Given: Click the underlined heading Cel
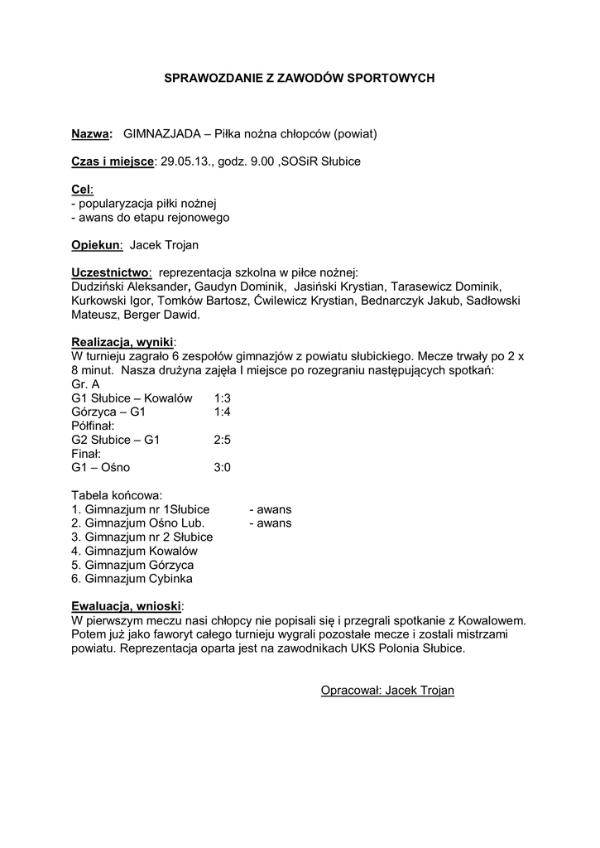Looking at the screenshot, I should pos(81,190).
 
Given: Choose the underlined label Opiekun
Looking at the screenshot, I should pos(96,245).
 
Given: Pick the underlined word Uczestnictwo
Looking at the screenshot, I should pos(111,273).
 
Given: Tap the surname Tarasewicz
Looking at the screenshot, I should pos(425,287).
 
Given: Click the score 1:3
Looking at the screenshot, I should pos(222,398).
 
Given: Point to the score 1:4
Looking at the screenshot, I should pos(222,412).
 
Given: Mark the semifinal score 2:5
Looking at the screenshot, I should pos(222,440).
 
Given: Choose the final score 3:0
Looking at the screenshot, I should pos(222,468).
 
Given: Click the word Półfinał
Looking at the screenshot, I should pos(93,426).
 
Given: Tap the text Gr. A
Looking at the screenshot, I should pos(85,384).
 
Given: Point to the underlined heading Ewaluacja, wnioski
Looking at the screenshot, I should pos(127,606).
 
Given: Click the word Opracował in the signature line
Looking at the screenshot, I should pos(348,691).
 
